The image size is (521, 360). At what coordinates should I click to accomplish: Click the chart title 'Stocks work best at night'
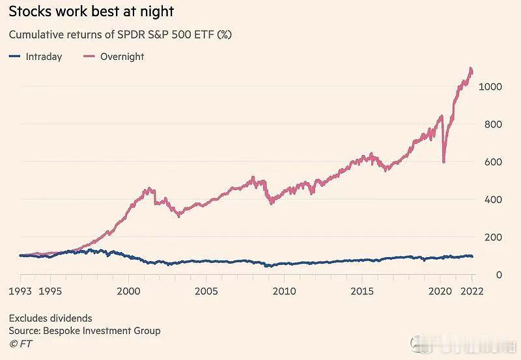click(91, 12)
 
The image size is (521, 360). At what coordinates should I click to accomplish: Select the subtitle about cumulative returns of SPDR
click(120, 35)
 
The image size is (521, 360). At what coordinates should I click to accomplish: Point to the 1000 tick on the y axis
click(489, 87)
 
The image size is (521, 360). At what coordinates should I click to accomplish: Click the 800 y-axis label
click(492, 124)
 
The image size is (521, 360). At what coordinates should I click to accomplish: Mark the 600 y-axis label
click(492, 162)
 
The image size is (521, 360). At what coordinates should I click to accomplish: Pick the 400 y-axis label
click(492, 200)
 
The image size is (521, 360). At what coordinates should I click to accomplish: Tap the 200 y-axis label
click(492, 238)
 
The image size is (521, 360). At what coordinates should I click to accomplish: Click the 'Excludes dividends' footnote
click(50, 318)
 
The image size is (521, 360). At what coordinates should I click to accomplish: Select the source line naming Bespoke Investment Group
click(85, 331)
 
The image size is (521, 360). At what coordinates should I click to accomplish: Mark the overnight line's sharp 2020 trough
click(444, 161)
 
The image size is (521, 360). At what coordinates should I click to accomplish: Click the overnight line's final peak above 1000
click(471, 68)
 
